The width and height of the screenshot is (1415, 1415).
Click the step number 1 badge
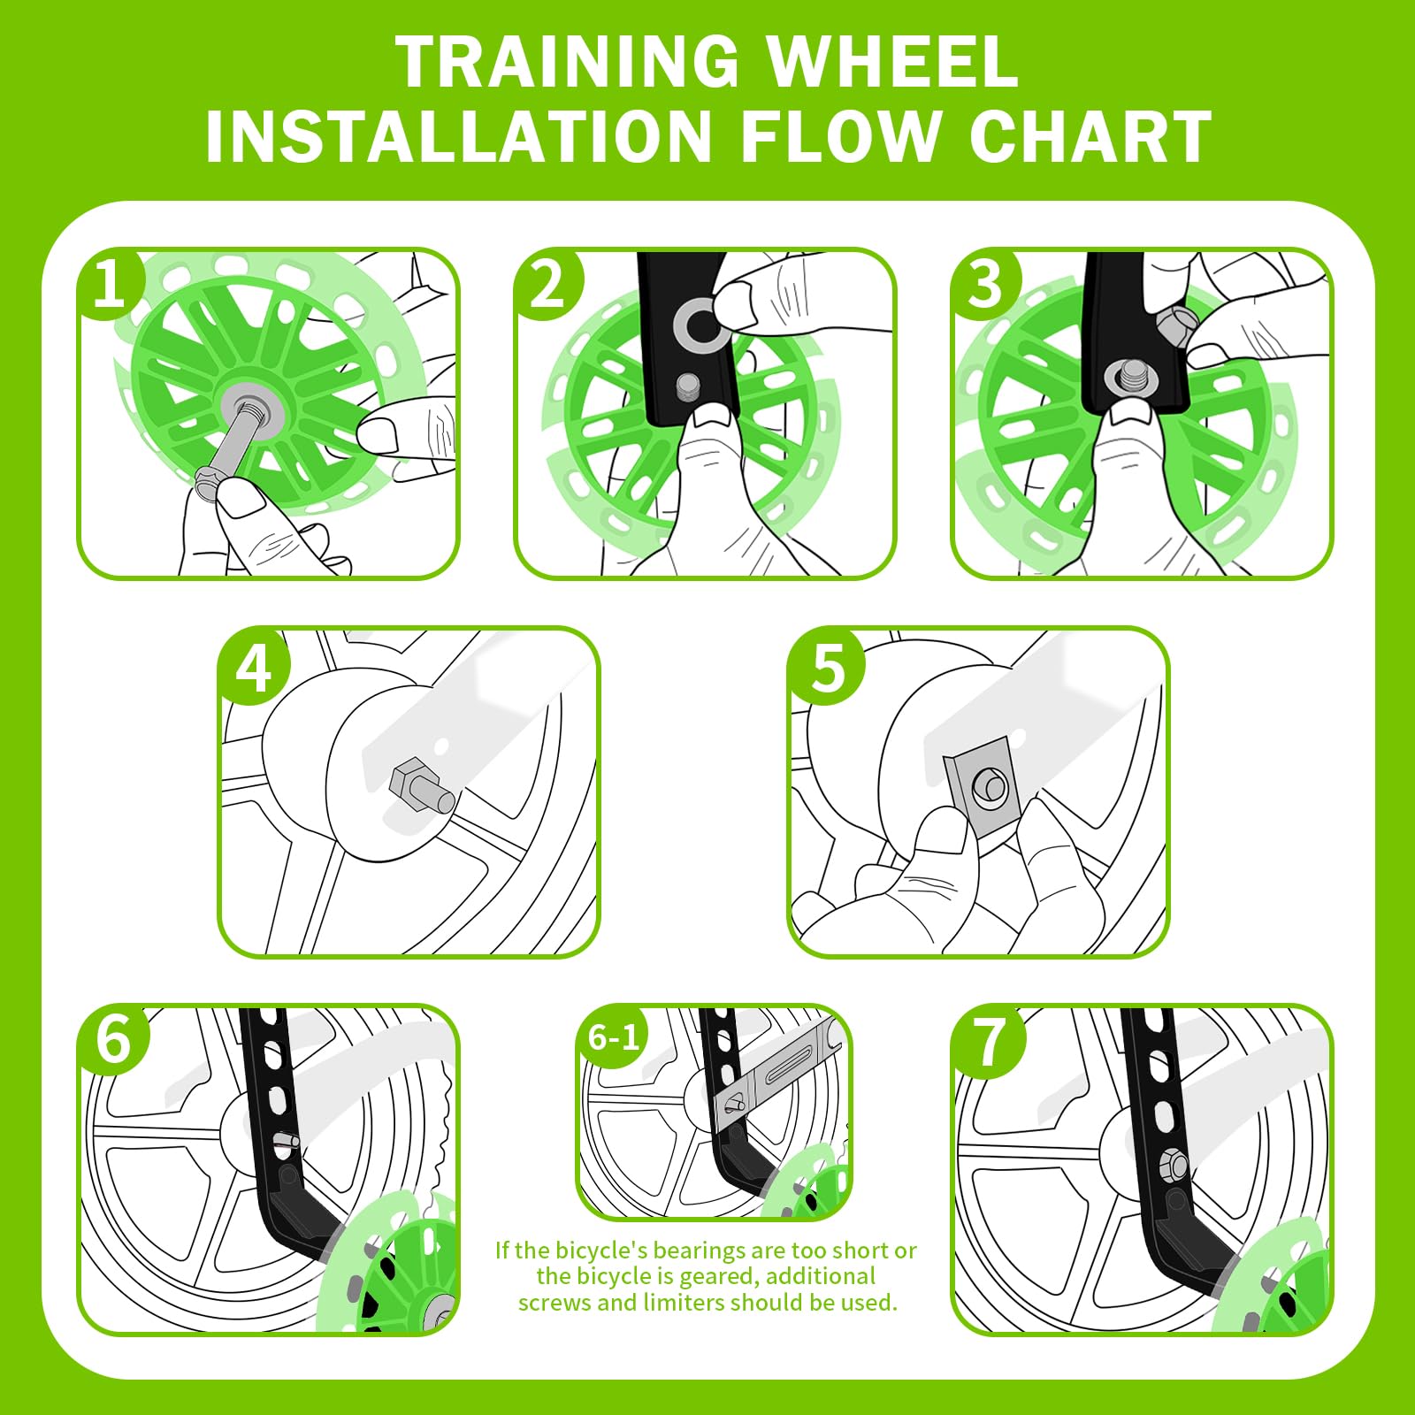109,284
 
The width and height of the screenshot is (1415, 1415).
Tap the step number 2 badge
547,284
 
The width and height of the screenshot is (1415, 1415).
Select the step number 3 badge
985,284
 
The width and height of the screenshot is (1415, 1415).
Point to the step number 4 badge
254,668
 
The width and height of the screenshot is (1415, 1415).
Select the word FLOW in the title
841,136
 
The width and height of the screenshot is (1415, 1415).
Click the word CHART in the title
1090,136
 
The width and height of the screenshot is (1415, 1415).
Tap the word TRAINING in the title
567,62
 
